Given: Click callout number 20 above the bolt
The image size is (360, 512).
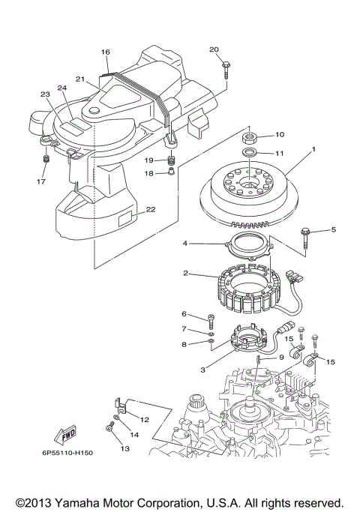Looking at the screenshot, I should pyautogui.click(x=214, y=49).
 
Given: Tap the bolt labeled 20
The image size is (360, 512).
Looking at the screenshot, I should pyautogui.click(x=224, y=68).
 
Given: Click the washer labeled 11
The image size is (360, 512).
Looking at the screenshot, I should pyautogui.click(x=248, y=154).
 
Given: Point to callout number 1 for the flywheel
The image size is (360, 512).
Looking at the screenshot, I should pyautogui.click(x=313, y=149).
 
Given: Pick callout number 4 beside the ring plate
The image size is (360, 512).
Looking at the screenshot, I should pyautogui.click(x=184, y=244).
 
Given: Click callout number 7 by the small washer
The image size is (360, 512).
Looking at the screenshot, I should pyautogui.click(x=183, y=329).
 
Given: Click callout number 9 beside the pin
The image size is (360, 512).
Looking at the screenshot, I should pyautogui.click(x=282, y=358).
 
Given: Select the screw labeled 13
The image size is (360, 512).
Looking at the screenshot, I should pyautogui.click(x=110, y=427).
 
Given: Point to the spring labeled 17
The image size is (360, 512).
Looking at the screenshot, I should pyautogui.click(x=46, y=160).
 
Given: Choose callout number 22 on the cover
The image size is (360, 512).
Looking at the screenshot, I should pyautogui.click(x=151, y=209).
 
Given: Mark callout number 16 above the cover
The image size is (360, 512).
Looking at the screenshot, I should pyautogui.click(x=106, y=52).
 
